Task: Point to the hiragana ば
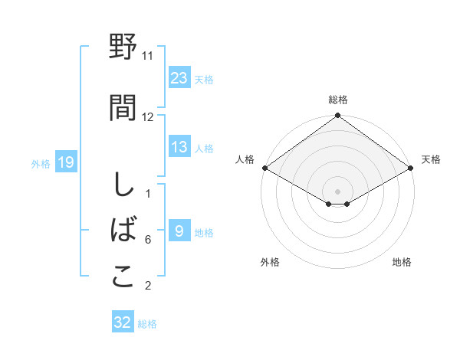123,231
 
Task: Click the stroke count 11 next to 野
148,56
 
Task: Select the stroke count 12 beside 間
148,117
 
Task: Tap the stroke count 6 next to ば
148,240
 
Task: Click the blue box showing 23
179,77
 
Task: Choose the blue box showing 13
179,147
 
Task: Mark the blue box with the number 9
179,231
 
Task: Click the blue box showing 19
65,162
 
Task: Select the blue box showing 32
123,322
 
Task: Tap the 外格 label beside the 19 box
41,163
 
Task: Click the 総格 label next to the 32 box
147,324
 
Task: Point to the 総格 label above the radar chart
338,100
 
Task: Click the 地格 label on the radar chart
402,262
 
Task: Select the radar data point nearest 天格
412,168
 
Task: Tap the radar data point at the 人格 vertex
264,168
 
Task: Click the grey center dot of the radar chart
337,191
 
